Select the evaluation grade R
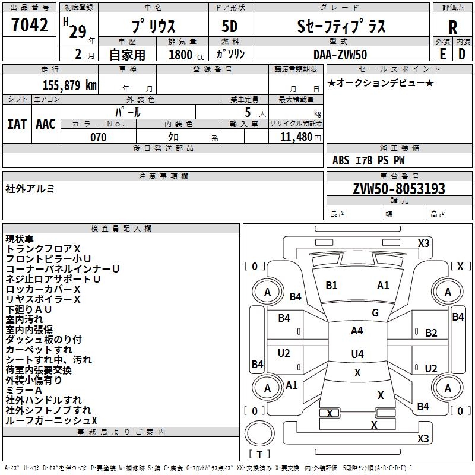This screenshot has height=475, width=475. point(452,27)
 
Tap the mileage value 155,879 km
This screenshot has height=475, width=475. point(69,85)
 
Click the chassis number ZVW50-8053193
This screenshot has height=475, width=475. point(398,189)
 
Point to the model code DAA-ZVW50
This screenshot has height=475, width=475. point(340,55)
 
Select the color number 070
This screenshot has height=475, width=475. point(98,137)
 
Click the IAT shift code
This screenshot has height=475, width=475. point(17,123)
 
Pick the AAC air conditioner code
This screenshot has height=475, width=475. point(46,123)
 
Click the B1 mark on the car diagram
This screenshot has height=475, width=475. point(331,286)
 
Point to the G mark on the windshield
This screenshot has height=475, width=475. point(375,313)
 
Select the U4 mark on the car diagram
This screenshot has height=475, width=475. point(357,354)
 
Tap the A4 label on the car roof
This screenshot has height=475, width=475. point(357,331)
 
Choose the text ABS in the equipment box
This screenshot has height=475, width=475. point(341,160)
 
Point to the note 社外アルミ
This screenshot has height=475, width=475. point(30,189)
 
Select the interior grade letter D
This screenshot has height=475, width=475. point(462,55)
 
